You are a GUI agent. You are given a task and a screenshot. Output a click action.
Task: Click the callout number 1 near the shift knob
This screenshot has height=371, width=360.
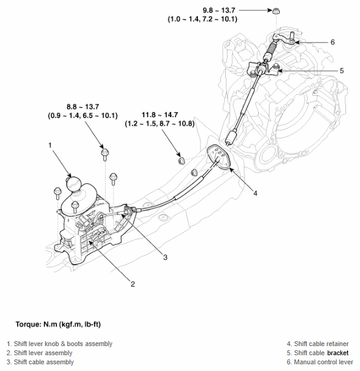pos(51,145)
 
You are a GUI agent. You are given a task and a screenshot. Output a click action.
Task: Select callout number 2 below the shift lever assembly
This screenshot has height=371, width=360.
pos(132,284)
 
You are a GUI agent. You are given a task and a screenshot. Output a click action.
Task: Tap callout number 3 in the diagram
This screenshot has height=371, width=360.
pos(165,257)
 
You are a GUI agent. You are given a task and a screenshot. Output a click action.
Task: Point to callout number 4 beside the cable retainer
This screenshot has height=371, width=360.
pos(255,193)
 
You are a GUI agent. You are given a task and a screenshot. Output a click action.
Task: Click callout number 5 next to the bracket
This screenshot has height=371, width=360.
pos(341,70)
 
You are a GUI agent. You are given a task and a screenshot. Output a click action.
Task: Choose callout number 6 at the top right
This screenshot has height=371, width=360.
pos(332,42)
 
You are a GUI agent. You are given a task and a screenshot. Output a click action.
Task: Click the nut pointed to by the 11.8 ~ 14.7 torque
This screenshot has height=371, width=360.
pos(180,160)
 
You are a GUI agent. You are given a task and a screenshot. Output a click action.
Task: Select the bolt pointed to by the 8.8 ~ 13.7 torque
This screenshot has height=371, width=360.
pos(105,151)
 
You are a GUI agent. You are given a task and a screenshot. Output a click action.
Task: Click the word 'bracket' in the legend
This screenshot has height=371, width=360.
pos(338,353)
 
